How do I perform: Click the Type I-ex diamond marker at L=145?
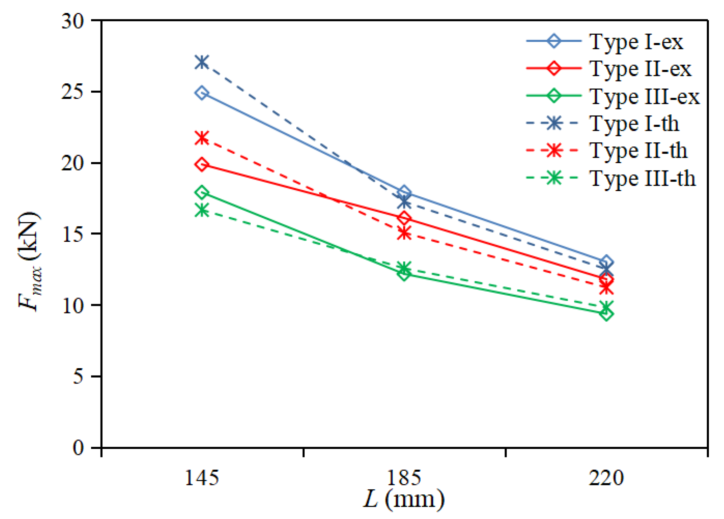click(x=202, y=93)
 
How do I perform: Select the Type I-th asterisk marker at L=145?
click(x=202, y=62)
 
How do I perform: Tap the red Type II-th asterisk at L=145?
click(x=202, y=138)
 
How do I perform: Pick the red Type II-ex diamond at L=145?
click(x=202, y=164)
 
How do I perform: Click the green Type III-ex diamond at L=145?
click(x=202, y=192)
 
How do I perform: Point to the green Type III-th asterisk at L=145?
click(x=202, y=210)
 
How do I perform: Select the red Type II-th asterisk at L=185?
click(x=404, y=233)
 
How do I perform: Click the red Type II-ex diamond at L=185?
click(x=404, y=218)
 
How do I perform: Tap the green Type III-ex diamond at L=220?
click(x=606, y=314)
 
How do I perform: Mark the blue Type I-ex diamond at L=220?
click(x=606, y=262)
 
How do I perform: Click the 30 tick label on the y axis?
click(x=73, y=21)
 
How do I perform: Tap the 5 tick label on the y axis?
click(x=78, y=377)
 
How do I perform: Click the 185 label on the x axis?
click(x=404, y=478)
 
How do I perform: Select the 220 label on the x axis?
click(x=606, y=478)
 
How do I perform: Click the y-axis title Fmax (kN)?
click(x=30, y=261)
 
